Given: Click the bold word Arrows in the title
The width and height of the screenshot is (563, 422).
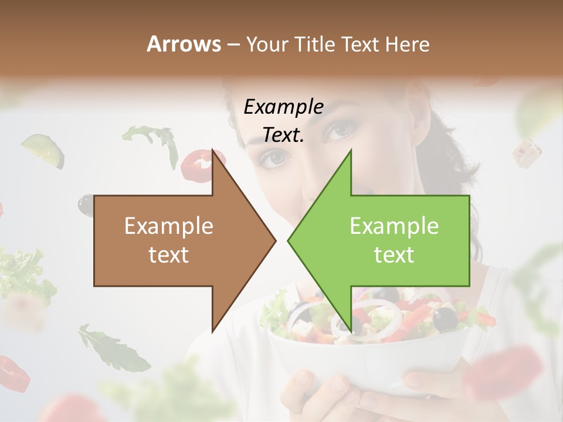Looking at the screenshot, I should click(184, 44).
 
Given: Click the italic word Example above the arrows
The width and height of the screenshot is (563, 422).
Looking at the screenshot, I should click(283, 107).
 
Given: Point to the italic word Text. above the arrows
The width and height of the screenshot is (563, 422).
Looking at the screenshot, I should click(283, 135).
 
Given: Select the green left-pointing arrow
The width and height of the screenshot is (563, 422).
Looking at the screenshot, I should click(393, 240).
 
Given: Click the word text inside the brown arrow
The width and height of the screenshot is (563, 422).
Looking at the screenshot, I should click(168, 255).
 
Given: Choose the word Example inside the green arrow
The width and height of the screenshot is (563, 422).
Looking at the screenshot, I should click(394, 226).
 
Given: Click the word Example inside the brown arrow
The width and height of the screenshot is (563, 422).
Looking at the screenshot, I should click(168, 226).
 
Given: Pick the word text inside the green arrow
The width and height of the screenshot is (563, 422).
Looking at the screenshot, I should click(394, 255).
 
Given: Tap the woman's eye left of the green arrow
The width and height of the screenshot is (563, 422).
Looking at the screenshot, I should click(274, 157).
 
